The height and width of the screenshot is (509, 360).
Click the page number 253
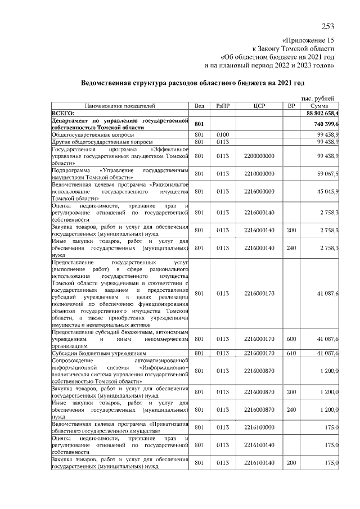point(327,27)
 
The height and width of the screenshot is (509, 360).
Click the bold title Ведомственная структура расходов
point(193,83)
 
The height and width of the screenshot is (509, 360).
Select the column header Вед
point(199,106)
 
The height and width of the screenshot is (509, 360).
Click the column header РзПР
point(223,106)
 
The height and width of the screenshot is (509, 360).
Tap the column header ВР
point(291,106)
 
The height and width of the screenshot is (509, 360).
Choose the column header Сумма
point(318,106)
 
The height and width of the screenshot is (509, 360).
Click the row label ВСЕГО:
point(64,113)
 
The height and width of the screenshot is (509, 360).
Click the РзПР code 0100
point(223,135)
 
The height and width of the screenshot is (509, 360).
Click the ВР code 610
point(291,353)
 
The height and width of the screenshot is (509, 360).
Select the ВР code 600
point(291,339)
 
